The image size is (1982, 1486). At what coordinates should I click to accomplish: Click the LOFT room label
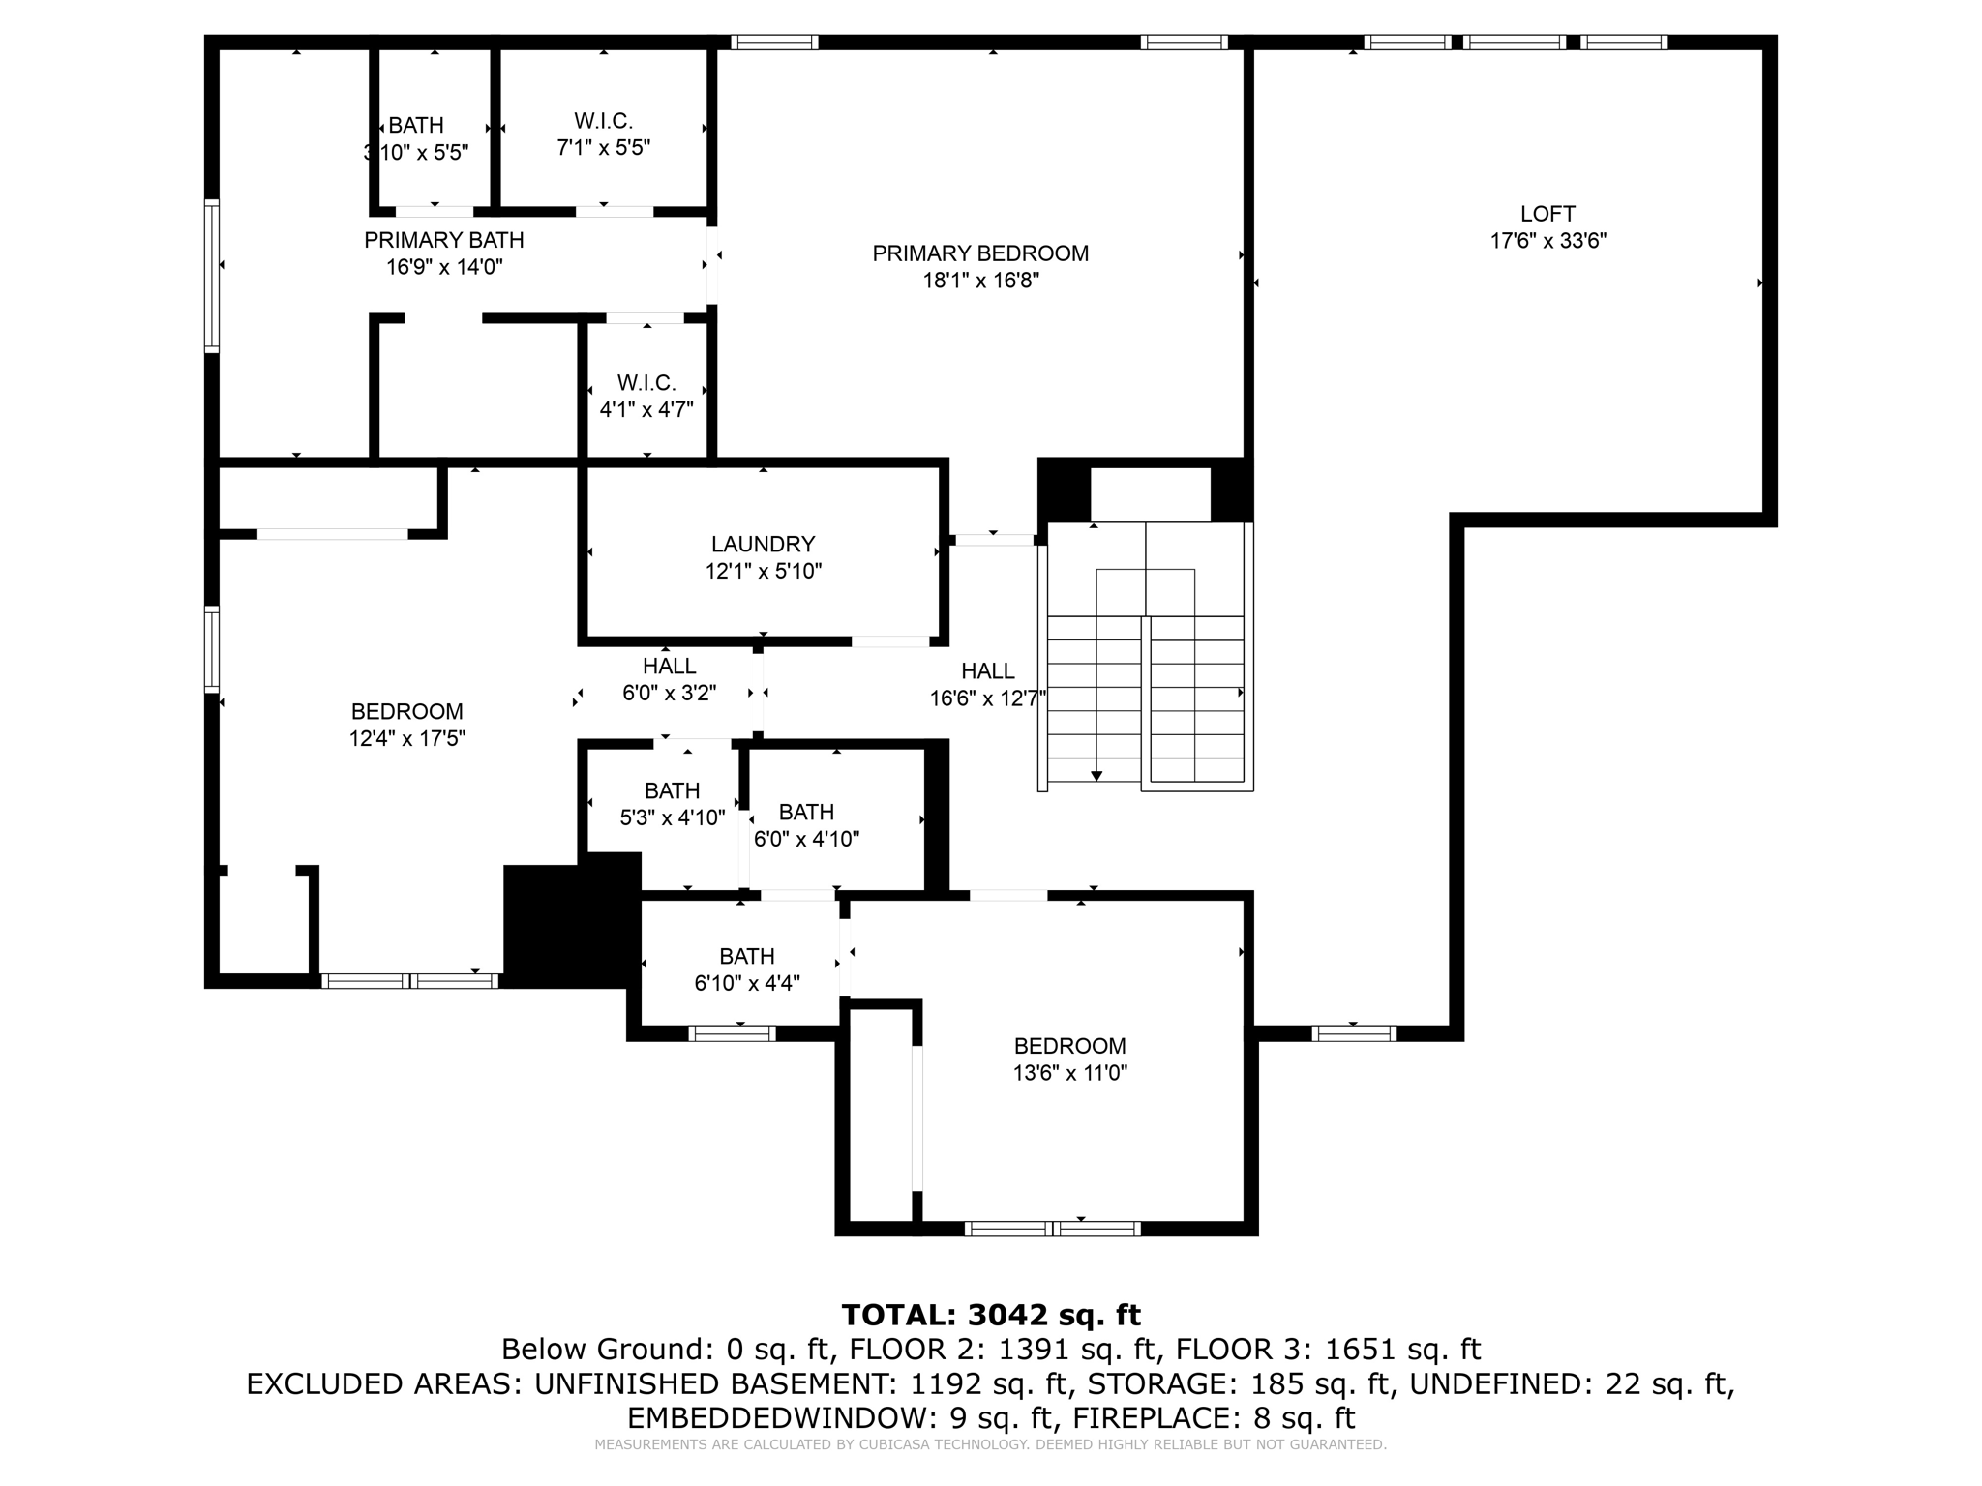1547,214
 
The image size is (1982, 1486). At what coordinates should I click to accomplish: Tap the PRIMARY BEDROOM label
980,253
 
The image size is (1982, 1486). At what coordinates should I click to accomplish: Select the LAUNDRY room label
763,545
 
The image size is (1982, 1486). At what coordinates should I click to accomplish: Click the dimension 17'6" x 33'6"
1547,241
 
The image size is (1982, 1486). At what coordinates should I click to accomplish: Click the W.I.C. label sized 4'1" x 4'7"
646,383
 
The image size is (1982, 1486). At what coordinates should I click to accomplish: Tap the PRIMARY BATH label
444,240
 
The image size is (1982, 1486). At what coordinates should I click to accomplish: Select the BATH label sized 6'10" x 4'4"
746,957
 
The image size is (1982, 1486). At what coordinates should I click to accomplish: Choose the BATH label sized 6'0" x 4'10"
806,813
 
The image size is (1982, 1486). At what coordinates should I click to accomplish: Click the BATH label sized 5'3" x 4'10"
672,791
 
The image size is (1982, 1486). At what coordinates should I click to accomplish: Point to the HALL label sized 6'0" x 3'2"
669,667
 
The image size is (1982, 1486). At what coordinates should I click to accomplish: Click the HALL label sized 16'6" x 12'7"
987,671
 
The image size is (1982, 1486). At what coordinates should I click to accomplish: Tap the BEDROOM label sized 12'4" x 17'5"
406,712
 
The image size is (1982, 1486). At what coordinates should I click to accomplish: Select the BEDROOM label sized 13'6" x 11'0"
1069,1046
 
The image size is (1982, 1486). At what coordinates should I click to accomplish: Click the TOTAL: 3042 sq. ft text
991,1315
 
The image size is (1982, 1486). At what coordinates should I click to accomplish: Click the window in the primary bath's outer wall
211,275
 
